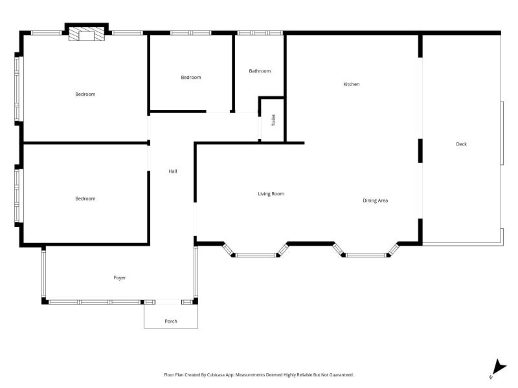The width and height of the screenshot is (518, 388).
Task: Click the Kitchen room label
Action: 351,84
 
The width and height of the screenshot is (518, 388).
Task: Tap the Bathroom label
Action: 260,71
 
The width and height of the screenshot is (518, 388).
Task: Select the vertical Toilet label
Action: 273,120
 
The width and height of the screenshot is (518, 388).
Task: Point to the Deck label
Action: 461,144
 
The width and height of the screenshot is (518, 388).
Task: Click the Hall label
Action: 172,171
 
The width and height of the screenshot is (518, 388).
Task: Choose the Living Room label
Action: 271,194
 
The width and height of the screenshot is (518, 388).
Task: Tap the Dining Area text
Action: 375,200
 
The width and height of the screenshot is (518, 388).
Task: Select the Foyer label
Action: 119,277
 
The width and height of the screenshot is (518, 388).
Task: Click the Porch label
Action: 170,321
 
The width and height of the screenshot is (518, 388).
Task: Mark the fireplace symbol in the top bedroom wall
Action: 86,34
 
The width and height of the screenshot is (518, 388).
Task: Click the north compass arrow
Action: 497,367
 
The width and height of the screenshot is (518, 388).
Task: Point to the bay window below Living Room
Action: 256,254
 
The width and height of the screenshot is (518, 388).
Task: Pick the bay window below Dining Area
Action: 366,254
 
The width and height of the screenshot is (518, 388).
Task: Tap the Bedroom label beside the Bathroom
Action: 190,78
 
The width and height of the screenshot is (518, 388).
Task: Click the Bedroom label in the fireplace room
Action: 85,94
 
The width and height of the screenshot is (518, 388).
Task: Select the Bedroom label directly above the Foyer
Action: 85,199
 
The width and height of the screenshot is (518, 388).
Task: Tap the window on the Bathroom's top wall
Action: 259,32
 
